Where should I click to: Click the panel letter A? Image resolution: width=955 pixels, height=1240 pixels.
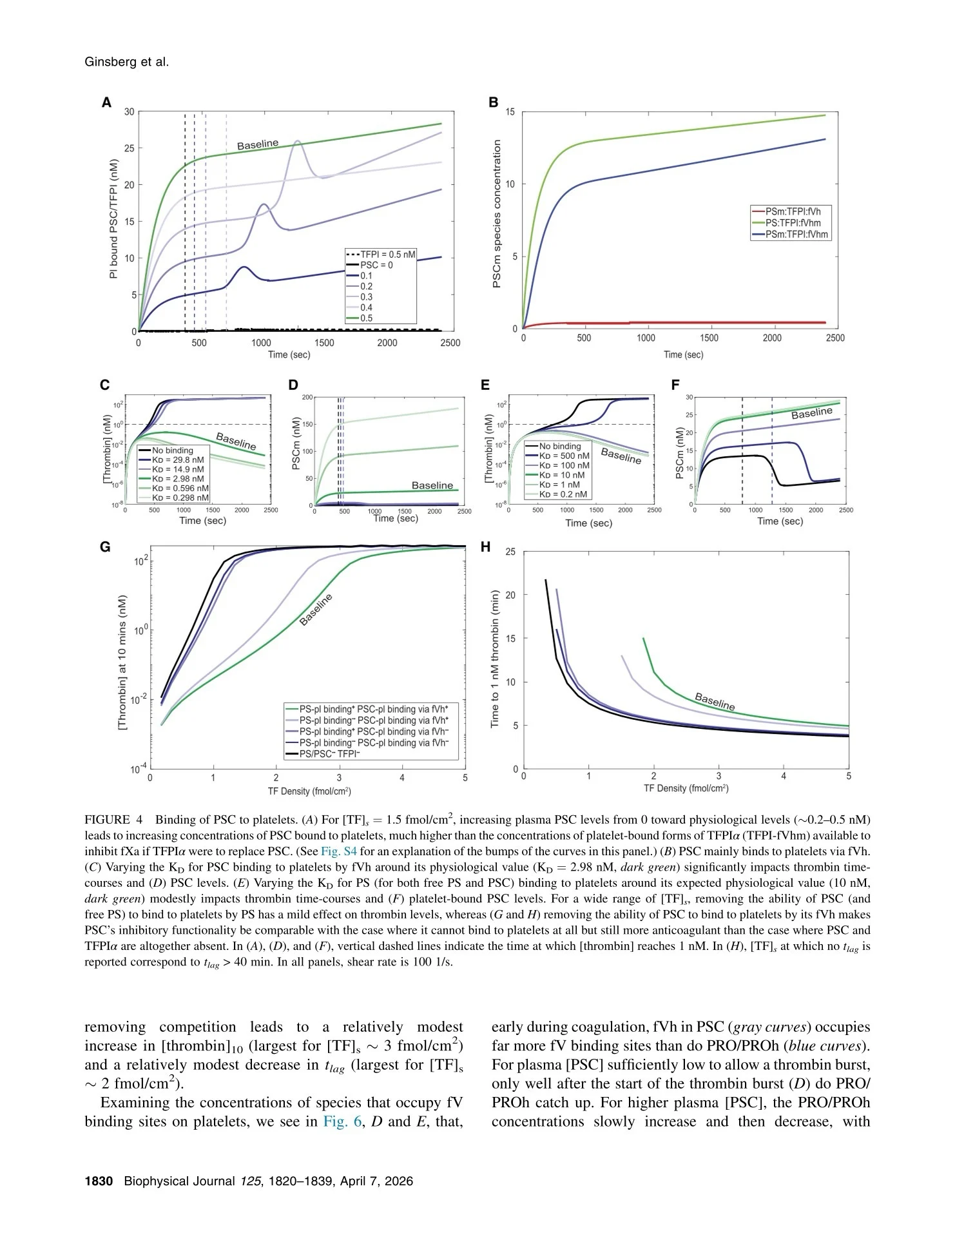pyautogui.click(x=106, y=102)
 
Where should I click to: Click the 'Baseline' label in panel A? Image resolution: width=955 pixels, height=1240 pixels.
pyautogui.click(x=258, y=144)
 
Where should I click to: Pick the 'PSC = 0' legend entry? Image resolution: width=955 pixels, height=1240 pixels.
pyautogui.click(x=369, y=265)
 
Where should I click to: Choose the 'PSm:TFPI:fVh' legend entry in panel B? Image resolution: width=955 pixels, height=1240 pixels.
pyautogui.click(x=791, y=211)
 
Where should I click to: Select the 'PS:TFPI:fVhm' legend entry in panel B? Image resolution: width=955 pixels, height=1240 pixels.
pyautogui.click(x=791, y=222)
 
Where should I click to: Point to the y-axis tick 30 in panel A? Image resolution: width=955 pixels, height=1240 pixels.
pyautogui.click(x=130, y=111)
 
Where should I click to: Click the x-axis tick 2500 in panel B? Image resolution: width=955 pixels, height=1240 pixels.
pyautogui.click(x=834, y=338)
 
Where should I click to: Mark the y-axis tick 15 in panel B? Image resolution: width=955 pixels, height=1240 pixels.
pyautogui.click(x=510, y=112)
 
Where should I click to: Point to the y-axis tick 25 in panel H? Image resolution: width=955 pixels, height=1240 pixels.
pyautogui.click(x=510, y=552)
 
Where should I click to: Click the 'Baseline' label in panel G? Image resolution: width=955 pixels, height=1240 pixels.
pyautogui.click(x=316, y=610)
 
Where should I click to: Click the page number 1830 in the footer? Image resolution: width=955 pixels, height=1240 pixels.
pyautogui.click(x=99, y=1181)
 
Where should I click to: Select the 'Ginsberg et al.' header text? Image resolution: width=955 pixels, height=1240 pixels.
pyautogui.click(x=127, y=62)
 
